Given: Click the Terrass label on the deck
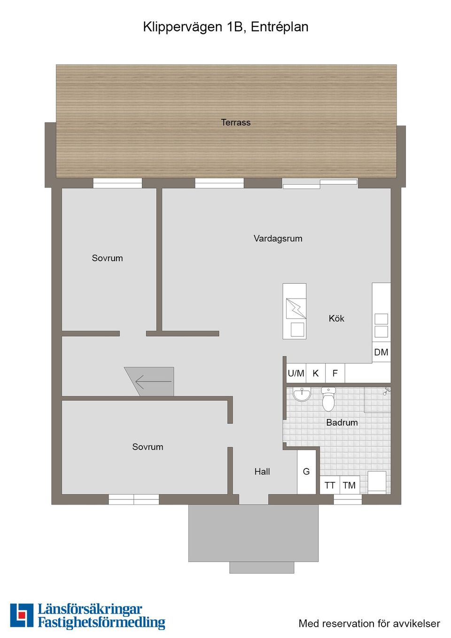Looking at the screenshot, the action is (x=236, y=123).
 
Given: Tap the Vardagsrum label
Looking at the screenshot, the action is (x=278, y=238).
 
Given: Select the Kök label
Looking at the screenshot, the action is (x=336, y=318).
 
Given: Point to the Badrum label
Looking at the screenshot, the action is (x=342, y=422).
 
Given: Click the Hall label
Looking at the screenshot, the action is (x=262, y=472).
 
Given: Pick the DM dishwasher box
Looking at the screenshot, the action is (x=381, y=352).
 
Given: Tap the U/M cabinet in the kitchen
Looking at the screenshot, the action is (x=296, y=373).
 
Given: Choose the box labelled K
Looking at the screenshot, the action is (x=316, y=373).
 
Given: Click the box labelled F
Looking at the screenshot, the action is (x=335, y=373).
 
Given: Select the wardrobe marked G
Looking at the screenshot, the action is (x=307, y=472).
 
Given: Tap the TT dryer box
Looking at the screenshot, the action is (x=330, y=485).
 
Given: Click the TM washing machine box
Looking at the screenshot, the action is (x=350, y=485).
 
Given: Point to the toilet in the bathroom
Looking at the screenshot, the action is (x=328, y=399).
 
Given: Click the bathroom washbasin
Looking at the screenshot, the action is (x=302, y=394).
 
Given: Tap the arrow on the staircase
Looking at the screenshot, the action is (x=154, y=381).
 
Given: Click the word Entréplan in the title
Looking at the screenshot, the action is (x=280, y=27).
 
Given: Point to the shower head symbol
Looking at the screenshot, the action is (x=387, y=391).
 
